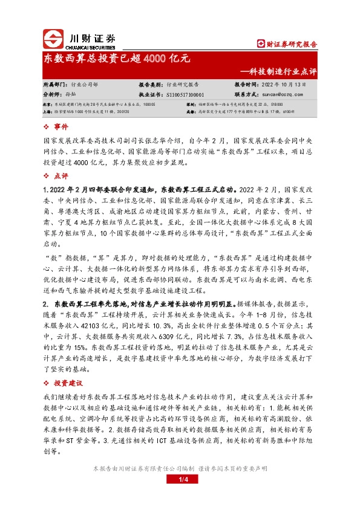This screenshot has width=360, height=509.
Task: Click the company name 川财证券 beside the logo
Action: pyautogui.click(x=88, y=36)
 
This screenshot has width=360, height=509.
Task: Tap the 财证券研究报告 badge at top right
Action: pyautogui.click(x=287, y=44)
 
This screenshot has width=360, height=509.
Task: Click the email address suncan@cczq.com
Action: pyautogui.click(x=289, y=95)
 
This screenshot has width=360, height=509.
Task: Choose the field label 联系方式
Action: pyautogui.click(x=246, y=95)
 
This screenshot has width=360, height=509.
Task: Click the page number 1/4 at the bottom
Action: pyautogui.click(x=180, y=481)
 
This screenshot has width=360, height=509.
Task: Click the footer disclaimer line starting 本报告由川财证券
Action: pyautogui.click(x=180, y=468)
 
